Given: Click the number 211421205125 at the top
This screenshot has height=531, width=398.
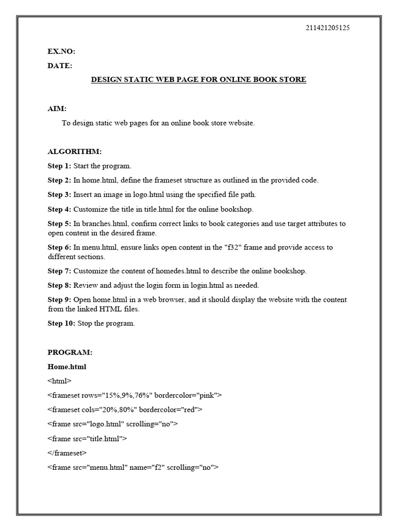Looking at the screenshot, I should [x=328, y=28].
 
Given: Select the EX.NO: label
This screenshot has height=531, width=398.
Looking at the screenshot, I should [x=61, y=51].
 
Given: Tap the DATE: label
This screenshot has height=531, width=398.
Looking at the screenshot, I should [x=60, y=66].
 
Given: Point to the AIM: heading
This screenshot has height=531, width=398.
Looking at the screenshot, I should [x=57, y=109].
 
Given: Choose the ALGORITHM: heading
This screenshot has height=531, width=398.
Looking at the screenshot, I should [x=75, y=151].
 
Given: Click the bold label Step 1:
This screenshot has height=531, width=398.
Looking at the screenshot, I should [x=59, y=166].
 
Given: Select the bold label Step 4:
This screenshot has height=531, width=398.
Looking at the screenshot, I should [x=59, y=209].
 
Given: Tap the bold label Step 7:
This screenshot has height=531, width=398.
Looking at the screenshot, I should [x=59, y=271].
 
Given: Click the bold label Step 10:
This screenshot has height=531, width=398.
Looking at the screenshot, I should [x=61, y=323].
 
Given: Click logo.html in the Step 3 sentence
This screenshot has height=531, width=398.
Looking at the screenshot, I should [x=147, y=195].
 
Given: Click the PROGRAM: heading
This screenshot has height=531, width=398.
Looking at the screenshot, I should [x=70, y=353].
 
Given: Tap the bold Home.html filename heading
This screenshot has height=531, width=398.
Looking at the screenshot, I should [x=67, y=367].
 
